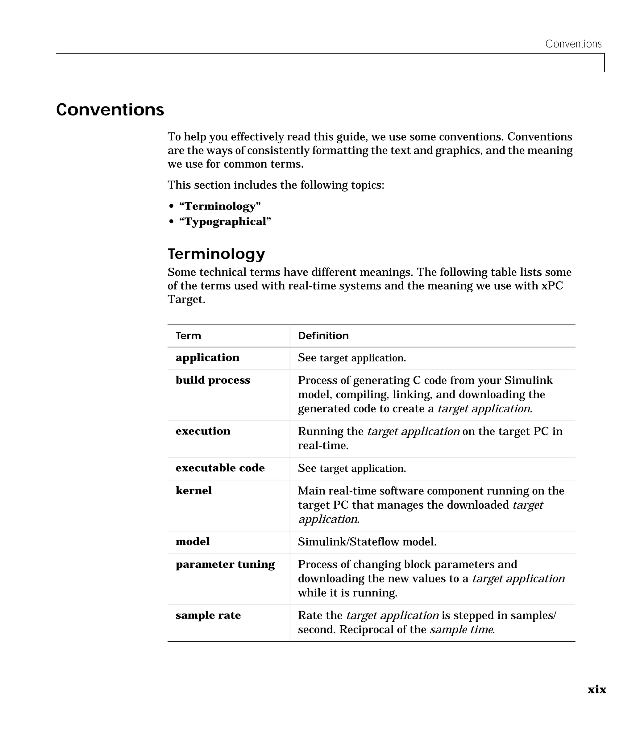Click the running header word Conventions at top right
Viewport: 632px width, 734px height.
tap(573, 44)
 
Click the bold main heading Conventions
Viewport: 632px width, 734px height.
tap(110, 110)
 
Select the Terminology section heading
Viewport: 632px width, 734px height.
tap(216, 254)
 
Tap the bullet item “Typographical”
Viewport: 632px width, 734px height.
tap(225, 222)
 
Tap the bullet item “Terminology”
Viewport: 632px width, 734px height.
tap(220, 206)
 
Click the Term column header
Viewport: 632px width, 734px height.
tap(188, 336)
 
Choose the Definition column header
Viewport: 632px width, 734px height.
tap(323, 336)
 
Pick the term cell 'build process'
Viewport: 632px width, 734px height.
tap(213, 380)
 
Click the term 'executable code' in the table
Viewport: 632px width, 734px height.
tap(220, 468)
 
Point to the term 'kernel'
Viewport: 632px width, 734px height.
tap(193, 491)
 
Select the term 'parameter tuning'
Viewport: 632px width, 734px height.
tap(225, 564)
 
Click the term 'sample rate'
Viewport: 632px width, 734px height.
tap(208, 615)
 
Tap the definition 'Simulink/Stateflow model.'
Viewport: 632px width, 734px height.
tap(367, 542)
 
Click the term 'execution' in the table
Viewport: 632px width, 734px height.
tap(203, 431)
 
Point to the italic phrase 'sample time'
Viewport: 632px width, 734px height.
tap(461, 629)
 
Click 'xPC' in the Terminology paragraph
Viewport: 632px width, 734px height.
tap(552, 286)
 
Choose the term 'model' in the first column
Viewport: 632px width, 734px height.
tap(192, 542)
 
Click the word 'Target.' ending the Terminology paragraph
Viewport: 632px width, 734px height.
tap(186, 299)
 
